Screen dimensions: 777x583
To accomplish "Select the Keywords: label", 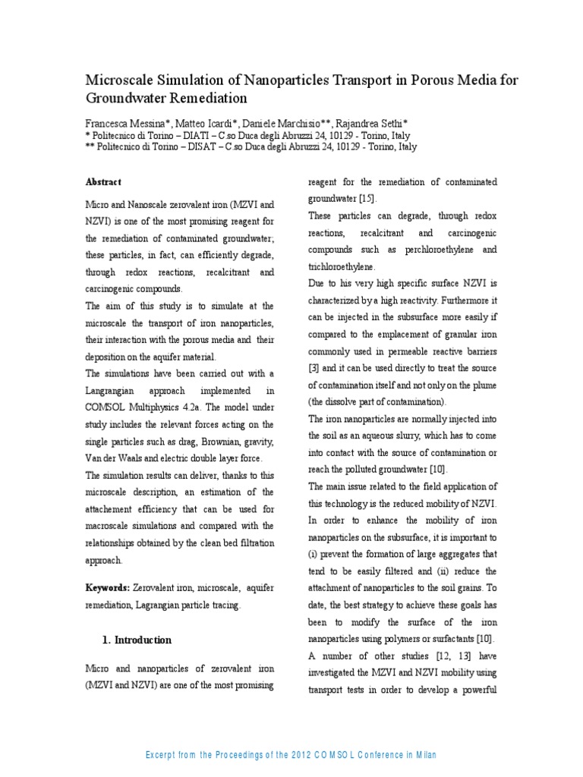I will point(107,588).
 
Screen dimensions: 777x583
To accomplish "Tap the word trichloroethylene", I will point(342,267).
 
